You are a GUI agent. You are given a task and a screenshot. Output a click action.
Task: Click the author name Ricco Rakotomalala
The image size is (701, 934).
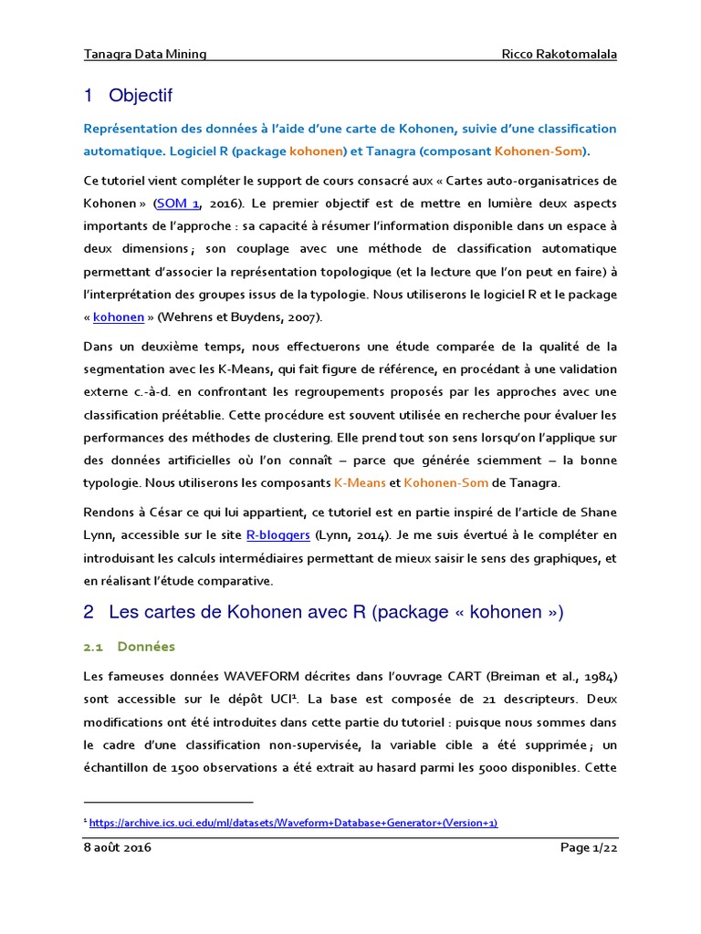point(560,54)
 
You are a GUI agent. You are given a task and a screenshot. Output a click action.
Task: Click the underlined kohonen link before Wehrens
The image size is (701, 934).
point(119,317)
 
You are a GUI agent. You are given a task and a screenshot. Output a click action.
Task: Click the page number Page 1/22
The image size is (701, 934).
point(588,847)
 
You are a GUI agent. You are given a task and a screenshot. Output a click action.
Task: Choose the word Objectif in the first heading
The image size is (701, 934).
point(140,96)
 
